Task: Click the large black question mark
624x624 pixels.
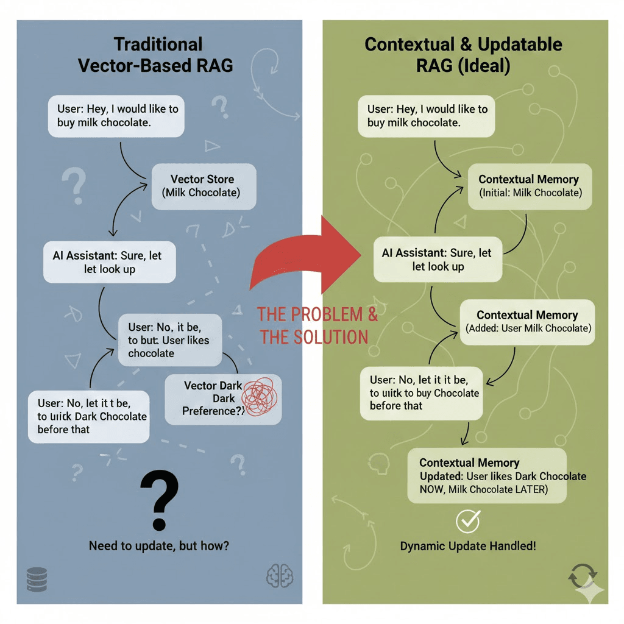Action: (159, 498)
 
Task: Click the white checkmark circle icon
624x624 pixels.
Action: (468, 521)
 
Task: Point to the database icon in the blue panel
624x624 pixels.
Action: (37, 580)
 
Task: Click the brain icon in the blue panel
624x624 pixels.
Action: (280, 575)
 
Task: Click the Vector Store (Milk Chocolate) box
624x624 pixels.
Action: (202, 186)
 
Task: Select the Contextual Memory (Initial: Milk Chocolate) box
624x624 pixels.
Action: (528, 186)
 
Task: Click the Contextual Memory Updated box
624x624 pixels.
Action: (487, 476)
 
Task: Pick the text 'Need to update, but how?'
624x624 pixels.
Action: (159, 545)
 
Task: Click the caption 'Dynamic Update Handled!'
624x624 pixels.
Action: (468, 546)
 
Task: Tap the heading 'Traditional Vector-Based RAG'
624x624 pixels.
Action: (156, 55)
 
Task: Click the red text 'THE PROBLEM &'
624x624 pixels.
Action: (317, 314)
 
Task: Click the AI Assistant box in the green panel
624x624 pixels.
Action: (438, 260)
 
